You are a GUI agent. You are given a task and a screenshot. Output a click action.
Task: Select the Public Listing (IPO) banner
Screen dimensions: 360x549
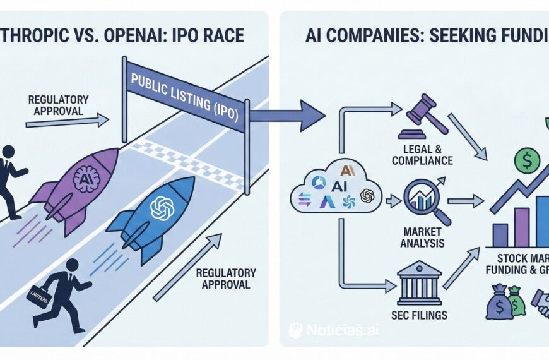coord(186,92)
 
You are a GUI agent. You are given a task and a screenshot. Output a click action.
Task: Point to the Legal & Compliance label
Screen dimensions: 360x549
coord(422,155)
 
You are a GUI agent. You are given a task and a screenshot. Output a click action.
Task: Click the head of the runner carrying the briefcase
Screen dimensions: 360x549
coord(71,265)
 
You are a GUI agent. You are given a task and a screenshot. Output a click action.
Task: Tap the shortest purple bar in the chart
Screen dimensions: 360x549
coord(500,234)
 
